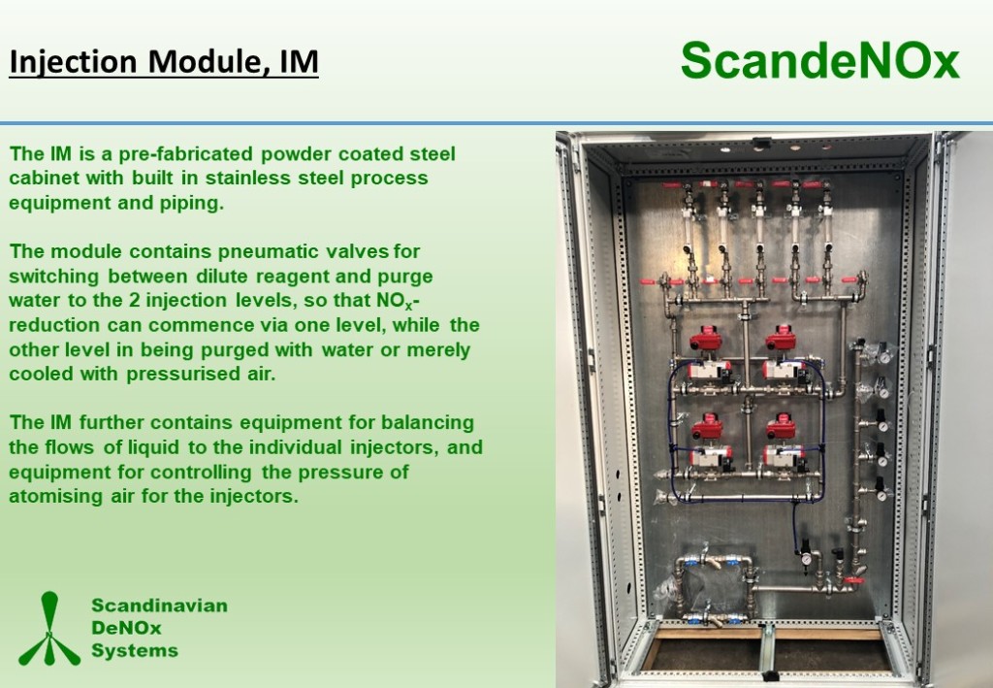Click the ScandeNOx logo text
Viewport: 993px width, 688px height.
(x=820, y=60)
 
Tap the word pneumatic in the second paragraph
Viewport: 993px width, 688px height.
(x=269, y=251)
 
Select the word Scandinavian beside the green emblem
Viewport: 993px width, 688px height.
(x=160, y=605)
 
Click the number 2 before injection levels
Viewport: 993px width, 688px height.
(x=134, y=300)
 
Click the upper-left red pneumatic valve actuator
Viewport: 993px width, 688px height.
(x=706, y=340)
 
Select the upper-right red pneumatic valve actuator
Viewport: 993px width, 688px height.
(x=781, y=339)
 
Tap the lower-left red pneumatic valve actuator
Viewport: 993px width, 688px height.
(x=707, y=427)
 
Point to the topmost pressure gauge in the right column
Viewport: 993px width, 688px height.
(x=883, y=358)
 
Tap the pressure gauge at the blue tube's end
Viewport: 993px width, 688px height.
(x=806, y=560)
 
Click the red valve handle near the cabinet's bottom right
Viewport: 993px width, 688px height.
(x=854, y=580)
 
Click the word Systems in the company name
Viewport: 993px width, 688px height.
(x=134, y=650)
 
